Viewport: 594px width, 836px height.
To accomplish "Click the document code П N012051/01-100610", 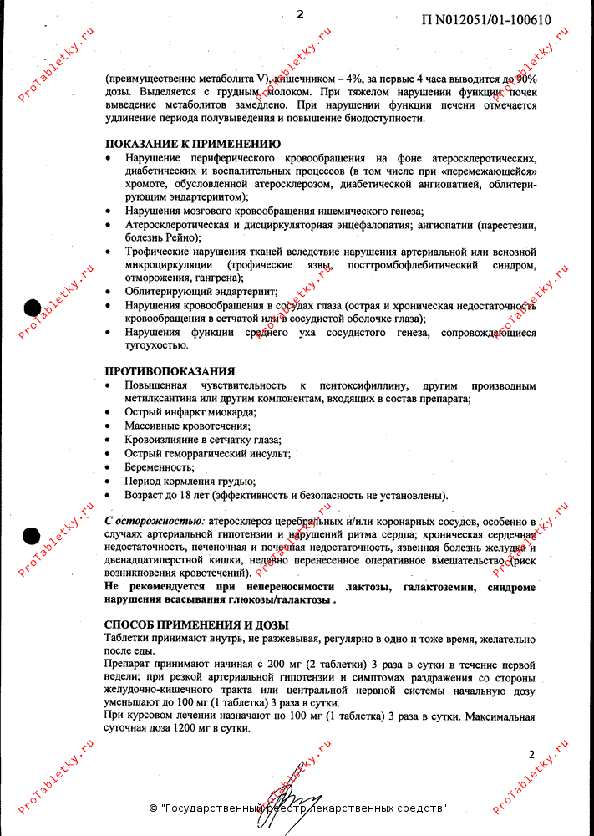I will click(480, 20).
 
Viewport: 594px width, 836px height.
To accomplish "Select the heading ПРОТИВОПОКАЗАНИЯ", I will click(169, 370).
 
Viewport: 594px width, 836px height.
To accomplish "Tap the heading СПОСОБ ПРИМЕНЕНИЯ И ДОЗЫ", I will click(196, 624).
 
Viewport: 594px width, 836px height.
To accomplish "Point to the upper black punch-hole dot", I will click(31, 307).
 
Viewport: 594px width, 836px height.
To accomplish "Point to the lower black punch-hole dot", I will click(31, 536).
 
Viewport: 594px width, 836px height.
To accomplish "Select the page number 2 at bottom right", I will click(531, 754).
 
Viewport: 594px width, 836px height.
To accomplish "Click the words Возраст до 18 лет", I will click(165, 494).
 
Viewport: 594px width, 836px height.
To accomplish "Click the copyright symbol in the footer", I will click(153, 808).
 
